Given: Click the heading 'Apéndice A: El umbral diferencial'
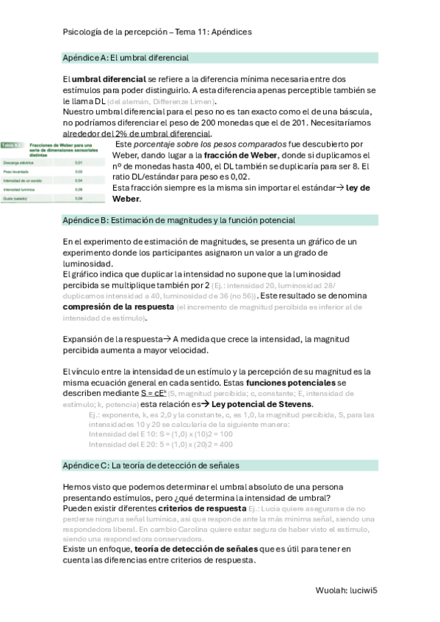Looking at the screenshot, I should pyautogui.click(x=126, y=57).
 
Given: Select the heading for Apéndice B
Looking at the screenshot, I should pyautogui.click(x=178, y=220).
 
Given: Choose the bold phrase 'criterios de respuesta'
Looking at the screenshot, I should pyautogui.click(x=202, y=508).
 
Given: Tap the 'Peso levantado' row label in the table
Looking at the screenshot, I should pyautogui.click(x=17, y=171).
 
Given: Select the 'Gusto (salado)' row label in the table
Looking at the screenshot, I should pyautogui.click(x=17, y=198).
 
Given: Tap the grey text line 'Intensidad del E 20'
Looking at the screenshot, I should pyautogui.click(x=125, y=444).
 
